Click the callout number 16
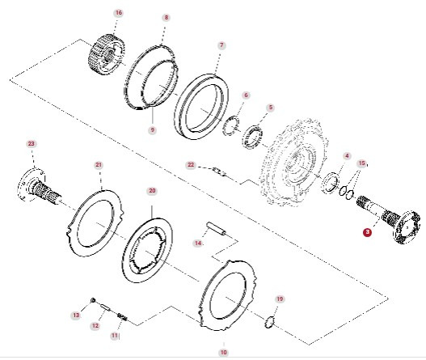118,14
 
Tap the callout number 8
166,17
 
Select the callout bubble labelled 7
221,45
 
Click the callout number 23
32,143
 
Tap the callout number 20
151,191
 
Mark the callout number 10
224,352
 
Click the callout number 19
280,299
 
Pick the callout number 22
191,164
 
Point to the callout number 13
76,315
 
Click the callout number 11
115,335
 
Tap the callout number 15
361,163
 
